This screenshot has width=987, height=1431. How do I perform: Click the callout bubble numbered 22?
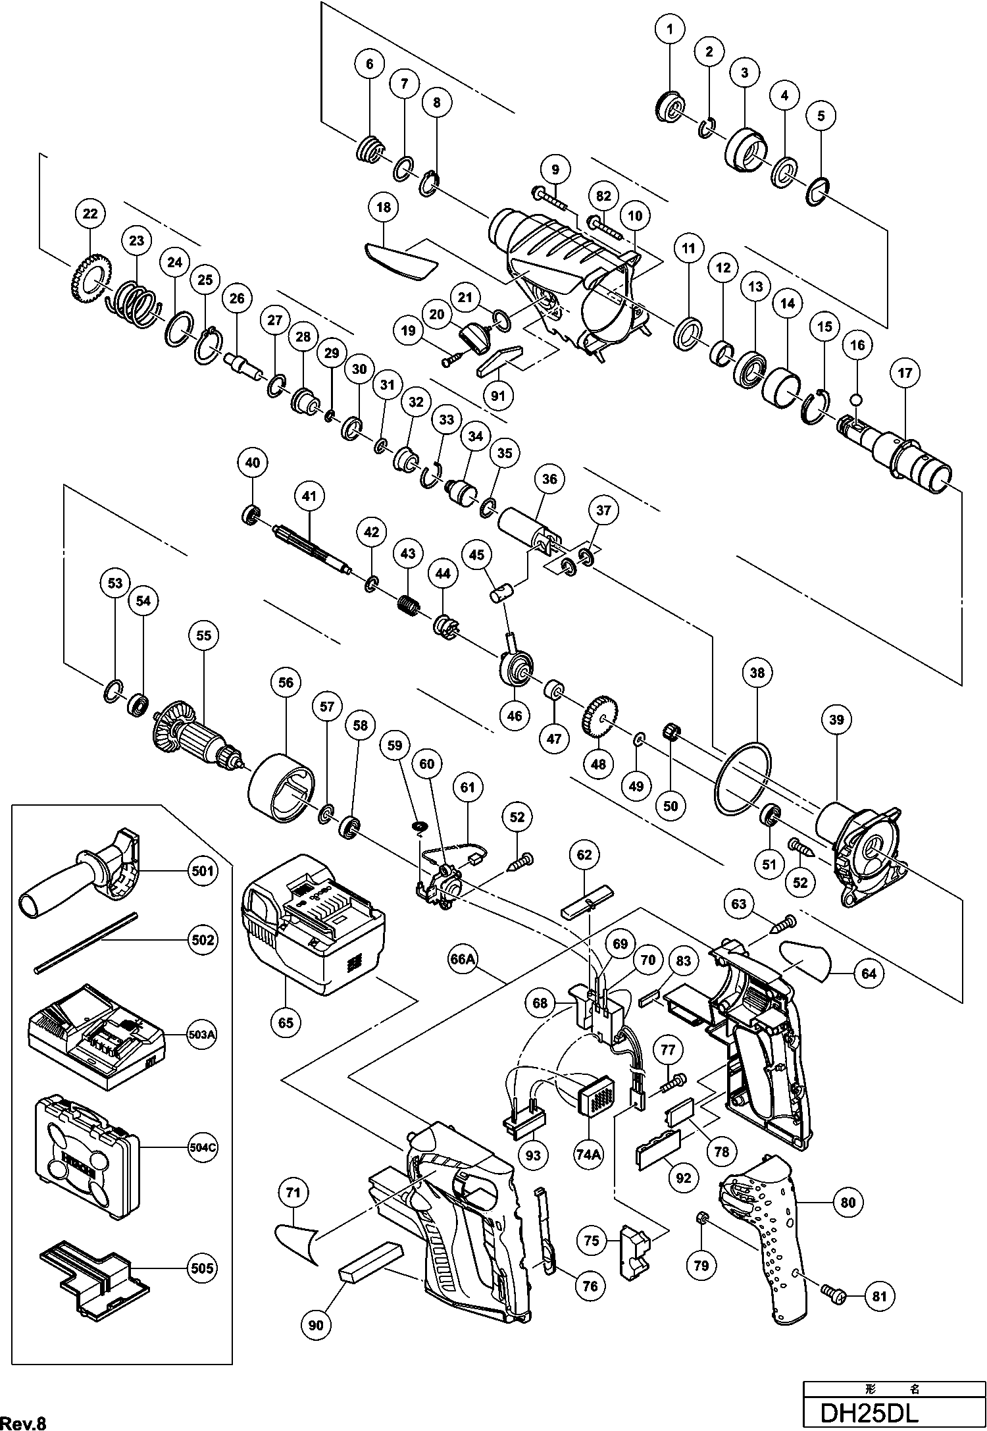tap(90, 213)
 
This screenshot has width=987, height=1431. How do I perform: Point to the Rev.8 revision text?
tap(24, 1420)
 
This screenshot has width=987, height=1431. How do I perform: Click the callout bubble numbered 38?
tap(757, 673)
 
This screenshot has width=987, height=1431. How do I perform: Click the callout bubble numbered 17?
tap(905, 373)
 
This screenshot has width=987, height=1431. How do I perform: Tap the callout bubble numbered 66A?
tap(463, 960)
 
